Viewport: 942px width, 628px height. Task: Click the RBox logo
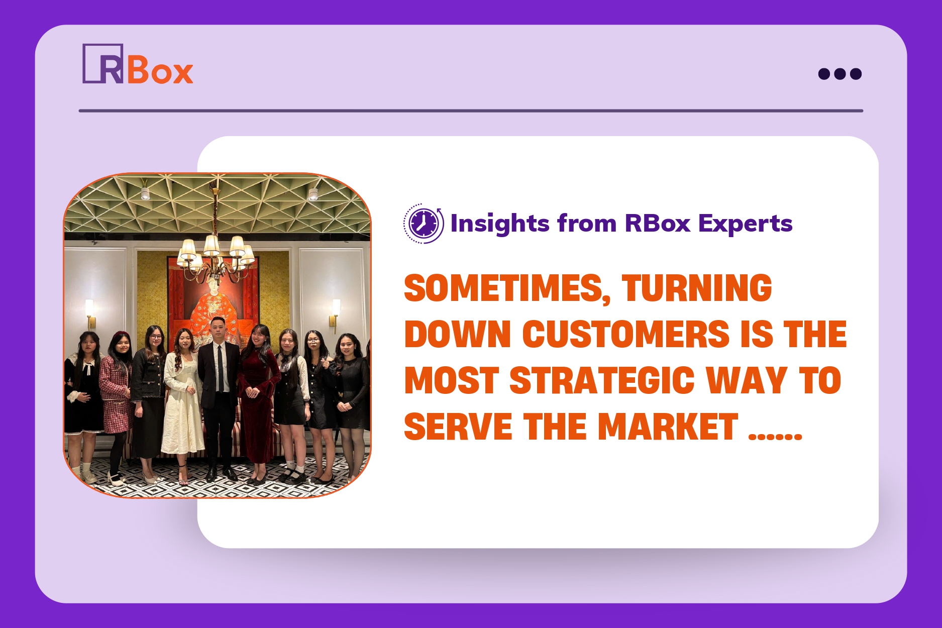(x=138, y=64)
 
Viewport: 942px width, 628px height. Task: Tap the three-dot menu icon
(x=840, y=74)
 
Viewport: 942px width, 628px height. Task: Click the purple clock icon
(x=424, y=224)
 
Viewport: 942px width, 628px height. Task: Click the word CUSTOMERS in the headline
(x=625, y=334)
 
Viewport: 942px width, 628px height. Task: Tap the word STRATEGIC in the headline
(x=602, y=380)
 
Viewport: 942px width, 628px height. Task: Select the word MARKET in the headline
(x=668, y=427)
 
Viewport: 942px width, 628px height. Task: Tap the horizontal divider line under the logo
(x=471, y=111)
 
